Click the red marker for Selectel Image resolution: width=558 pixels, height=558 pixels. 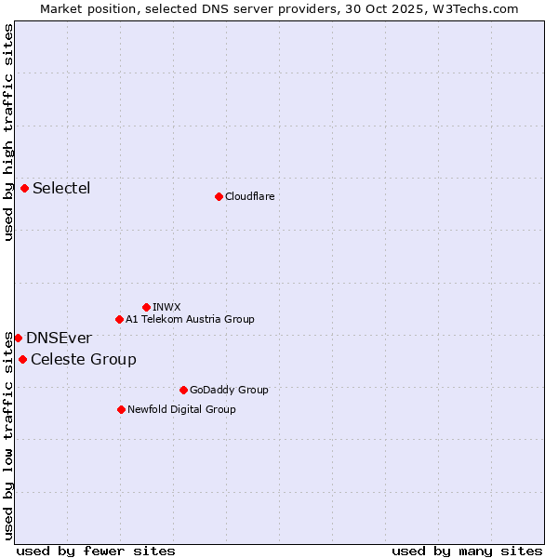pos(25,189)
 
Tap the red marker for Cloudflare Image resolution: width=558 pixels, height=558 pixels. pos(219,196)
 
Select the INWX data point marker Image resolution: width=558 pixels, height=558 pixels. pos(146,307)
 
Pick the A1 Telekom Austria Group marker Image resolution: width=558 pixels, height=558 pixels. pos(119,319)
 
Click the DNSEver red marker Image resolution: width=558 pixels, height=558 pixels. pos(18,338)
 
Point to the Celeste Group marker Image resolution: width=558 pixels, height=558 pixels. pos(22,359)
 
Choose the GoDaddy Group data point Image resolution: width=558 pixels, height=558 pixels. pos(183,390)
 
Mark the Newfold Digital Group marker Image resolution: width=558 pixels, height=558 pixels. pos(121,409)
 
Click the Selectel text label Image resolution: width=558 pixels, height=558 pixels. pos(61,189)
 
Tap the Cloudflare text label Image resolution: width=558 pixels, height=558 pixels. pos(249,196)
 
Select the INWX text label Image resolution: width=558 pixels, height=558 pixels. pos(166,307)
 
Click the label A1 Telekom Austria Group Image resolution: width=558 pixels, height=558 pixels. pos(190,319)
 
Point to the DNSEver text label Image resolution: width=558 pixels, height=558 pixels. pos(59,339)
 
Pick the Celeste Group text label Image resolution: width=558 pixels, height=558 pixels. pos(84,360)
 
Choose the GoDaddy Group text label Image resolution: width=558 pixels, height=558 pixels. pos(229,390)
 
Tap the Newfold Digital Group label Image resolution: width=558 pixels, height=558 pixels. pos(181,409)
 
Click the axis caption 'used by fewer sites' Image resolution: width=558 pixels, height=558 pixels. pos(96,551)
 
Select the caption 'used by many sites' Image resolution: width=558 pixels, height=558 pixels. pos(467,551)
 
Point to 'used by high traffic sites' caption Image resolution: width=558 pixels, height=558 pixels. pos(8,132)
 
